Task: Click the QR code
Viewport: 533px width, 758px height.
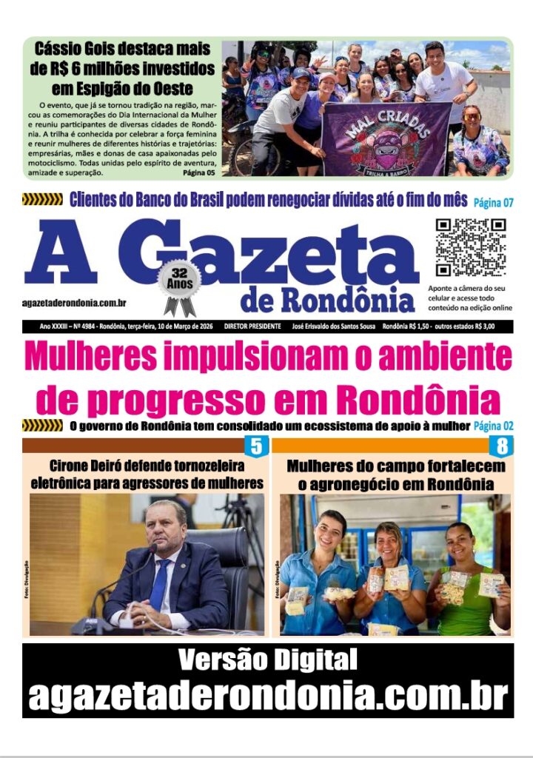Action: (x=470, y=247)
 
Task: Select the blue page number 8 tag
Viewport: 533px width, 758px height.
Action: (x=502, y=446)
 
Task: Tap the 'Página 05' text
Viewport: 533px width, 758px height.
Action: (x=198, y=173)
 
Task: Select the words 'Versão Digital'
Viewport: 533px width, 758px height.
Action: (x=267, y=659)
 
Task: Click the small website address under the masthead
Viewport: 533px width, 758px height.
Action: (x=74, y=303)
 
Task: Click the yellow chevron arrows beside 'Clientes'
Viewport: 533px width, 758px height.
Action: (x=42, y=199)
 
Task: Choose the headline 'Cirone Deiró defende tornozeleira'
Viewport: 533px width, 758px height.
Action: (x=147, y=466)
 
